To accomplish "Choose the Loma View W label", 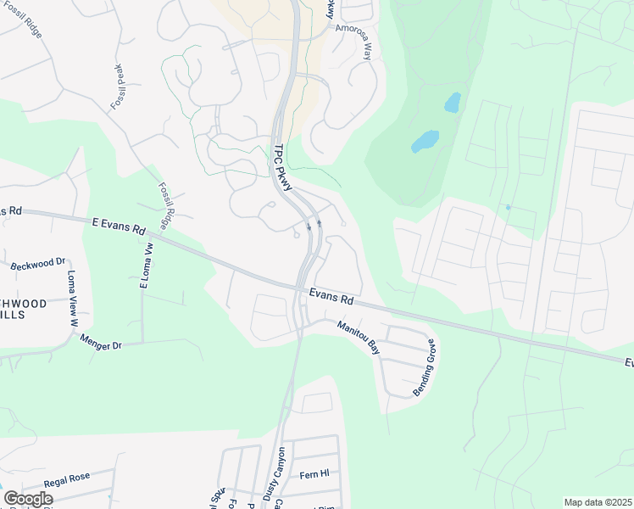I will [71, 299].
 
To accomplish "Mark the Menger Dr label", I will [101, 342].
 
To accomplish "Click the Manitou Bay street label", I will [359, 336].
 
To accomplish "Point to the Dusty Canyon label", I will [279, 472].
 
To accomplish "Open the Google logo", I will [28, 498].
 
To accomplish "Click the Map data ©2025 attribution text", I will [597, 502].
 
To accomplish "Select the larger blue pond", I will [425, 141].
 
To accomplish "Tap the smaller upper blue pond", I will [453, 103].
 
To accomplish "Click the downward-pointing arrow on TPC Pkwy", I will [309, 227].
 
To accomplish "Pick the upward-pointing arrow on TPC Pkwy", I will [320, 224].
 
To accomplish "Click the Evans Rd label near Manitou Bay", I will [331, 299].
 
